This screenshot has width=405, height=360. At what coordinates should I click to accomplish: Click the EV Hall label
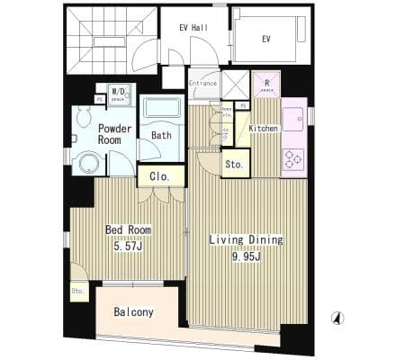pyautogui.click(x=193, y=28)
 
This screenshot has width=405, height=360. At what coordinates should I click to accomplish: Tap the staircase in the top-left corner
pyautogui.click(x=100, y=40)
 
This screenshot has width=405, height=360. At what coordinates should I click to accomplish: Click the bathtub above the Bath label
pyautogui.click(x=163, y=109)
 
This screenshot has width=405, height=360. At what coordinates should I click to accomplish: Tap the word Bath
pyautogui.click(x=162, y=136)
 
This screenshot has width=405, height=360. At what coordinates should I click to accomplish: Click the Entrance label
pyautogui.click(x=202, y=83)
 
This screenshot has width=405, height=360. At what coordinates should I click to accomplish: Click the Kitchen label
pyautogui.click(x=263, y=129)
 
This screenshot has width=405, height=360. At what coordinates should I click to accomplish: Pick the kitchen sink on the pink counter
pyautogui.click(x=293, y=120)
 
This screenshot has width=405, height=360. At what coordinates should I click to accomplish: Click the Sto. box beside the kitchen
pyautogui.click(x=234, y=165)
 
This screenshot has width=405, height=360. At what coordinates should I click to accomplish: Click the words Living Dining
pyautogui.click(x=246, y=239)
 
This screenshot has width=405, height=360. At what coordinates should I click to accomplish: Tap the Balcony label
pyautogui.click(x=134, y=313)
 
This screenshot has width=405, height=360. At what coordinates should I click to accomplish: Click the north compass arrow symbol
pyautogui.click(x=337, y=318)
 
